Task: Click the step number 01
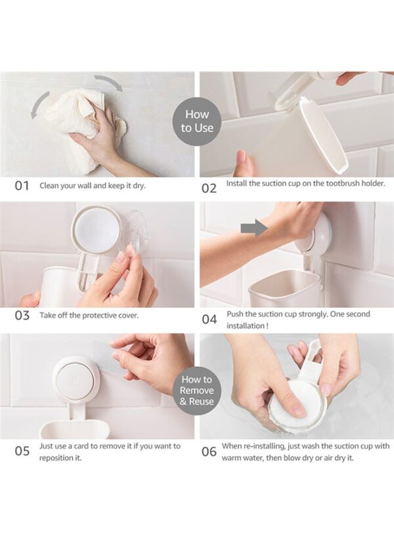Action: pos(22,186)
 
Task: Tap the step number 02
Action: pos(209,188)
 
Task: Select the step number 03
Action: pos(22,315)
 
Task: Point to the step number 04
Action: pos(209,320)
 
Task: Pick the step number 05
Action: pos(22,451)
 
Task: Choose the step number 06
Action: pos(209,452)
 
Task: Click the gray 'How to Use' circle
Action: pos(197,121)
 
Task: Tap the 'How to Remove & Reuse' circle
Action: pos(197,390)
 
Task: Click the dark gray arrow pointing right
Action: pos(254,228)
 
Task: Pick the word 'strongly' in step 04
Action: pos(313,314)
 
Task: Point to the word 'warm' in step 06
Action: pos(230,458)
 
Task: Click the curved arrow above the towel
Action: pos(109,82)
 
